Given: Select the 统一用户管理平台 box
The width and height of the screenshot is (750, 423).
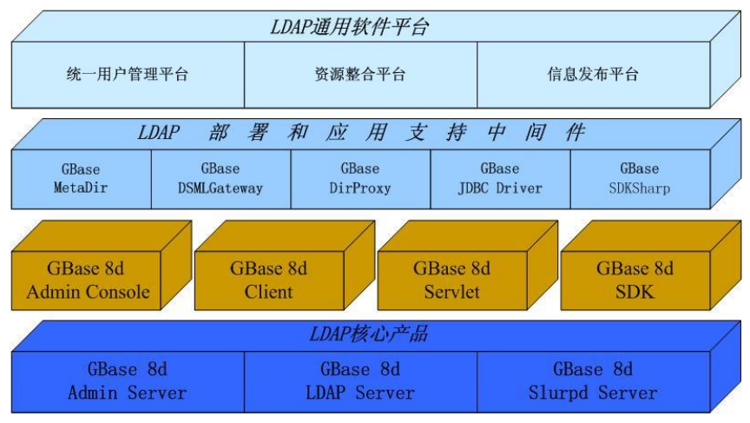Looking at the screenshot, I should click(127, 74).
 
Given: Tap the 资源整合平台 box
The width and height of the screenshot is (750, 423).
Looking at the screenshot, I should click(359, 74).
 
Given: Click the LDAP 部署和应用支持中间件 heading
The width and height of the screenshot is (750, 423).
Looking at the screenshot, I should click(361, 133).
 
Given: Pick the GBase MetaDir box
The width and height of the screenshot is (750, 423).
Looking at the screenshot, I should click(81, 178).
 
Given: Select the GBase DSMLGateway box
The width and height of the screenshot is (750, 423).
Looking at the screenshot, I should click(220, 178).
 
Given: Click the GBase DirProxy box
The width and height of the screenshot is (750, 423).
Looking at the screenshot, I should click(359, 178).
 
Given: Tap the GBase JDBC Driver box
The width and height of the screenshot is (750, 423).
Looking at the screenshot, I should click(499, 178).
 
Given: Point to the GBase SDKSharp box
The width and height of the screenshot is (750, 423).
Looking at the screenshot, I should click(638, 178).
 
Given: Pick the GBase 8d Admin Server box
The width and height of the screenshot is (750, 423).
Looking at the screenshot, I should click(127, 381).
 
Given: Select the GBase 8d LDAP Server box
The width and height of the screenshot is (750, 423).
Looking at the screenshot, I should click(359, 381).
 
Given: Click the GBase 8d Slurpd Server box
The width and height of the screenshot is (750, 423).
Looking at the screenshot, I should click(592, 381).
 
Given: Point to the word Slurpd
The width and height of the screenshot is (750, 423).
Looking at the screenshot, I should click(558, 393).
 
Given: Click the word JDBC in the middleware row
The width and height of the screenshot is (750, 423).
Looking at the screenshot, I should click(475, 188).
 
